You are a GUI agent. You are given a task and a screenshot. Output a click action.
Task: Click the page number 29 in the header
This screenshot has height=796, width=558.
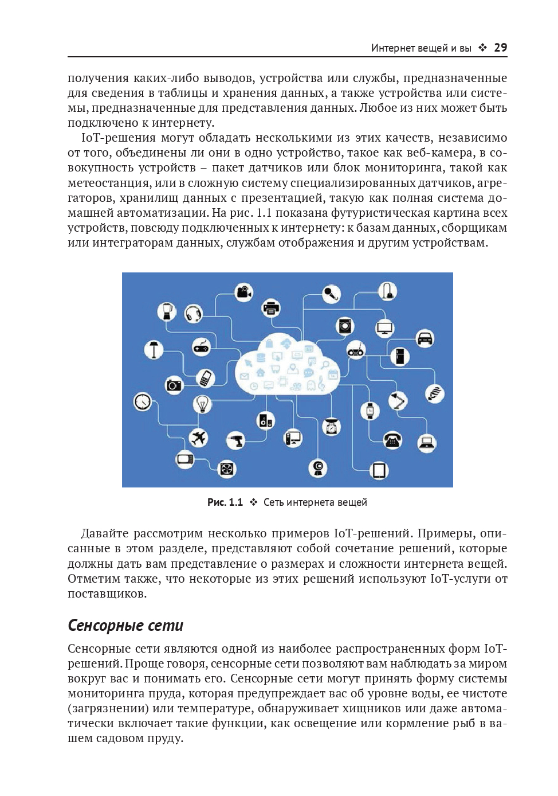tap(500, 48)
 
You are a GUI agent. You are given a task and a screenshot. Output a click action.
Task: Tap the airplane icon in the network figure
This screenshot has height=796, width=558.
tap(198, 438)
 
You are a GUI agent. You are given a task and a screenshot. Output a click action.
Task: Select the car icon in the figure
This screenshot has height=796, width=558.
tap(425, 338)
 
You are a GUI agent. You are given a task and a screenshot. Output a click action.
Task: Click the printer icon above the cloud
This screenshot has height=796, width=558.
tap(271, 309)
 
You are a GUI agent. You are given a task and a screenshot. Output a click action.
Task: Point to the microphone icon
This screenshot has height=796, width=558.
tap(331, 294)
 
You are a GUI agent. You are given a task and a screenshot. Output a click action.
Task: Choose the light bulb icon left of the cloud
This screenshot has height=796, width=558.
tap(202, 404)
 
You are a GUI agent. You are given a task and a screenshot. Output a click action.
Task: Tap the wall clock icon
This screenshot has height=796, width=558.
tap(143, 401)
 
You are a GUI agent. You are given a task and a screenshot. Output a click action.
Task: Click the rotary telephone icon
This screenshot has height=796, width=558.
tap(392, 440)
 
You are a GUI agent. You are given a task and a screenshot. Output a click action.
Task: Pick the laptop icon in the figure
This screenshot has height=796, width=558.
tap(426, 443)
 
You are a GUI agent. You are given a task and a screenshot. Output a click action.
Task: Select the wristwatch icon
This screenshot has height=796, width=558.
tap(370, 410)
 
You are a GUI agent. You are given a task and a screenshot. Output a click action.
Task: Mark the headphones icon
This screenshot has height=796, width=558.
tap(194, 314)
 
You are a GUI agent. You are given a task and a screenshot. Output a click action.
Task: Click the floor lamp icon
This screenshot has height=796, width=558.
tap(154, 349)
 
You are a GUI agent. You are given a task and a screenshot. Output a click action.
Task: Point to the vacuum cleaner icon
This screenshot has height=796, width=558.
tap(388, 291)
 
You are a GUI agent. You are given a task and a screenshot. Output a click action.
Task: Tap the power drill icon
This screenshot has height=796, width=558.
tap(235, 440)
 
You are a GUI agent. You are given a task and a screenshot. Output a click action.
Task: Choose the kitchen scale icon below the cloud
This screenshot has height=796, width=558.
tap(331, 427)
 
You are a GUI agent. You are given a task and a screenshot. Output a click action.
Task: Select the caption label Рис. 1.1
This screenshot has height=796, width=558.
tap(225, 502)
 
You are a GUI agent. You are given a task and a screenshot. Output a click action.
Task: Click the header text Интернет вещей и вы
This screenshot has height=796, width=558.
tap(421, 48)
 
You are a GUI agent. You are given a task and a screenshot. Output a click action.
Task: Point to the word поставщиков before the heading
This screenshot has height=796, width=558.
tap(107, 594)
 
